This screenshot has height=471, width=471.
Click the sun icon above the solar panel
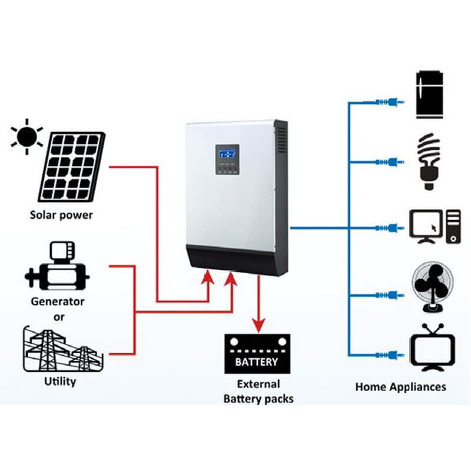coord(26,137)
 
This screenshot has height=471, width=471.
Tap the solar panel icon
coord(71,167)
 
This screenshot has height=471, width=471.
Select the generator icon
coord(57,266)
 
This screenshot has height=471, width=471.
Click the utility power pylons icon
coord(63,349)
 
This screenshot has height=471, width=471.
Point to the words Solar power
coord(61,215)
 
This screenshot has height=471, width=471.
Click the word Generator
coord(57,301)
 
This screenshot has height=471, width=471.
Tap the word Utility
coord(60,382)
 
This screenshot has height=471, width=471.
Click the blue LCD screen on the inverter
coord(227,154)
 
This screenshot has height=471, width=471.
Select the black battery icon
coord(257,354)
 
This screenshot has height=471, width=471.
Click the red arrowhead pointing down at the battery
coord(258,326)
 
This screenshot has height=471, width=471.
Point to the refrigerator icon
coord(430,95)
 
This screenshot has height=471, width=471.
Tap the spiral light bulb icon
coord(429,161)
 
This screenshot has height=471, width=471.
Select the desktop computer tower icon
coord(453,227)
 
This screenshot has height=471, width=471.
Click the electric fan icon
coord(433,287)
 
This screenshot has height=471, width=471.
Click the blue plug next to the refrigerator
coord(390,102)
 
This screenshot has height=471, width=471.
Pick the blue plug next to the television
coord(390,356)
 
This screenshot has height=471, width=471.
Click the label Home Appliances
coord(401,387)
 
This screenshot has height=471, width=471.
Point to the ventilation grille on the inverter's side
coord(281,140)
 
